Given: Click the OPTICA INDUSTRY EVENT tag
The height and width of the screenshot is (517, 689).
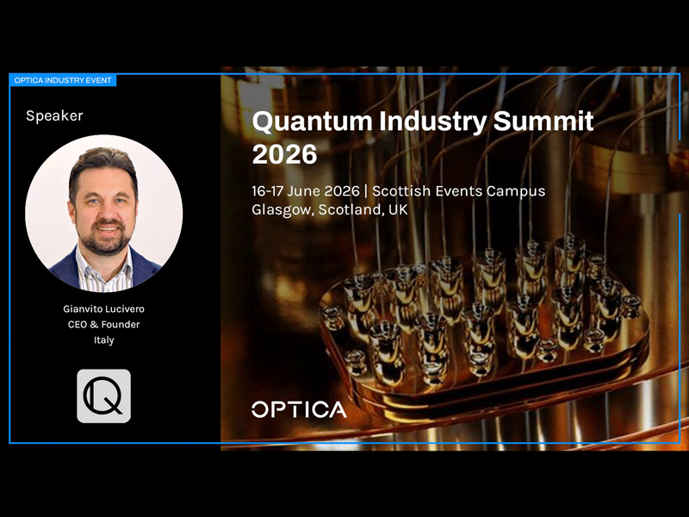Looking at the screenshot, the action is click(63, 80).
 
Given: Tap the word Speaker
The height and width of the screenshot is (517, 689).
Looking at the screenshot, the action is click(54, 116).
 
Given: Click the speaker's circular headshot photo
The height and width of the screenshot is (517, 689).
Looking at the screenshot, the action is click(103, 213).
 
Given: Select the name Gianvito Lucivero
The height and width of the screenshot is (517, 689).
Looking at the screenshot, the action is click(103, 308).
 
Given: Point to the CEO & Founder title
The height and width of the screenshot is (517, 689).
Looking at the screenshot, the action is click(103, 325).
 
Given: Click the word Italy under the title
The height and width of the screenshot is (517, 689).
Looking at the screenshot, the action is click(103, 340).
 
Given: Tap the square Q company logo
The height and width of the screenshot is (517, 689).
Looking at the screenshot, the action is click(103, 396).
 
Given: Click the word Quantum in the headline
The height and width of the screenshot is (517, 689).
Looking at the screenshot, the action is click(313, 121).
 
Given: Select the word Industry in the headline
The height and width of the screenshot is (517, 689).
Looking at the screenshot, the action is click(433, 121).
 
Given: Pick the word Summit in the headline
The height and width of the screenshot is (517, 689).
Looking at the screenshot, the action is click(543, 121).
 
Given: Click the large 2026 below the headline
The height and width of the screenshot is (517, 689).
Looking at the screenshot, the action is click(285, 154).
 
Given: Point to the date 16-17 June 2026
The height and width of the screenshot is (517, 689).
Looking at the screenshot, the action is click(306, 191).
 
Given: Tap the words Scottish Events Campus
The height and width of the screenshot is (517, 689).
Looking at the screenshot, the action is click(459, 191).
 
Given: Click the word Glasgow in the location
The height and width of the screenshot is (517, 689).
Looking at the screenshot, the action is click(283, 210).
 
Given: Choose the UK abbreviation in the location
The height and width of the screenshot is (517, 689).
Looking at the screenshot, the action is click(398, 209).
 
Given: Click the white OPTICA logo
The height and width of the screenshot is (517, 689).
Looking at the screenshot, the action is click(299, 409).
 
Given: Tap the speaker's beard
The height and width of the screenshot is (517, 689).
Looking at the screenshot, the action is click(105, 240).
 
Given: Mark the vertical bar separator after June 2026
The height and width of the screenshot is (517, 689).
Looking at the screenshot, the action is click(365, 191).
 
